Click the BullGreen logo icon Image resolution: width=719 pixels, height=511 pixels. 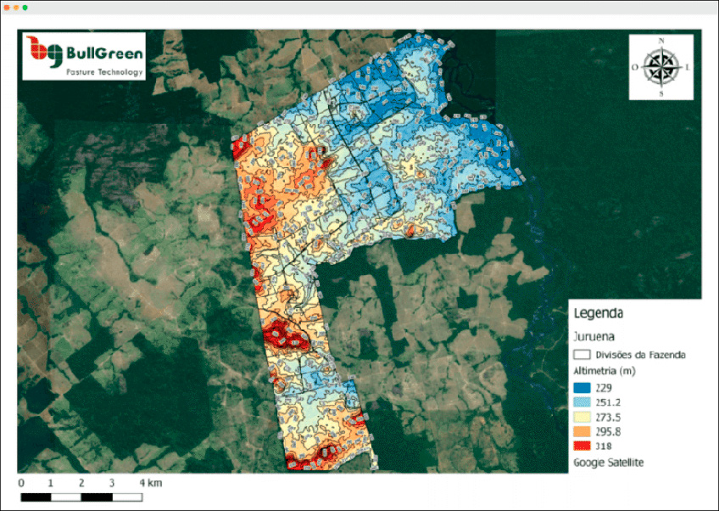[43, 53]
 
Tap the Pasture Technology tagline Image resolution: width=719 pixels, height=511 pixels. [104, 72]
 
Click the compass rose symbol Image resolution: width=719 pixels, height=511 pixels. [660, 67]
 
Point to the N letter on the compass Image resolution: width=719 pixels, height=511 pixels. [661, 42]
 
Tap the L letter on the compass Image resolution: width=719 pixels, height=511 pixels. [687, 67]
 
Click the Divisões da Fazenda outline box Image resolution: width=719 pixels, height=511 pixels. [582, 355]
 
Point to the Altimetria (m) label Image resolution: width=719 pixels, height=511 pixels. [604, 372]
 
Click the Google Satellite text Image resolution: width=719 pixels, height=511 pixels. [607, 462]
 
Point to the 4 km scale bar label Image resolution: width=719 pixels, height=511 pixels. [151, 483]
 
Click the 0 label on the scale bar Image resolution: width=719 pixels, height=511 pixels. [21, 483]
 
